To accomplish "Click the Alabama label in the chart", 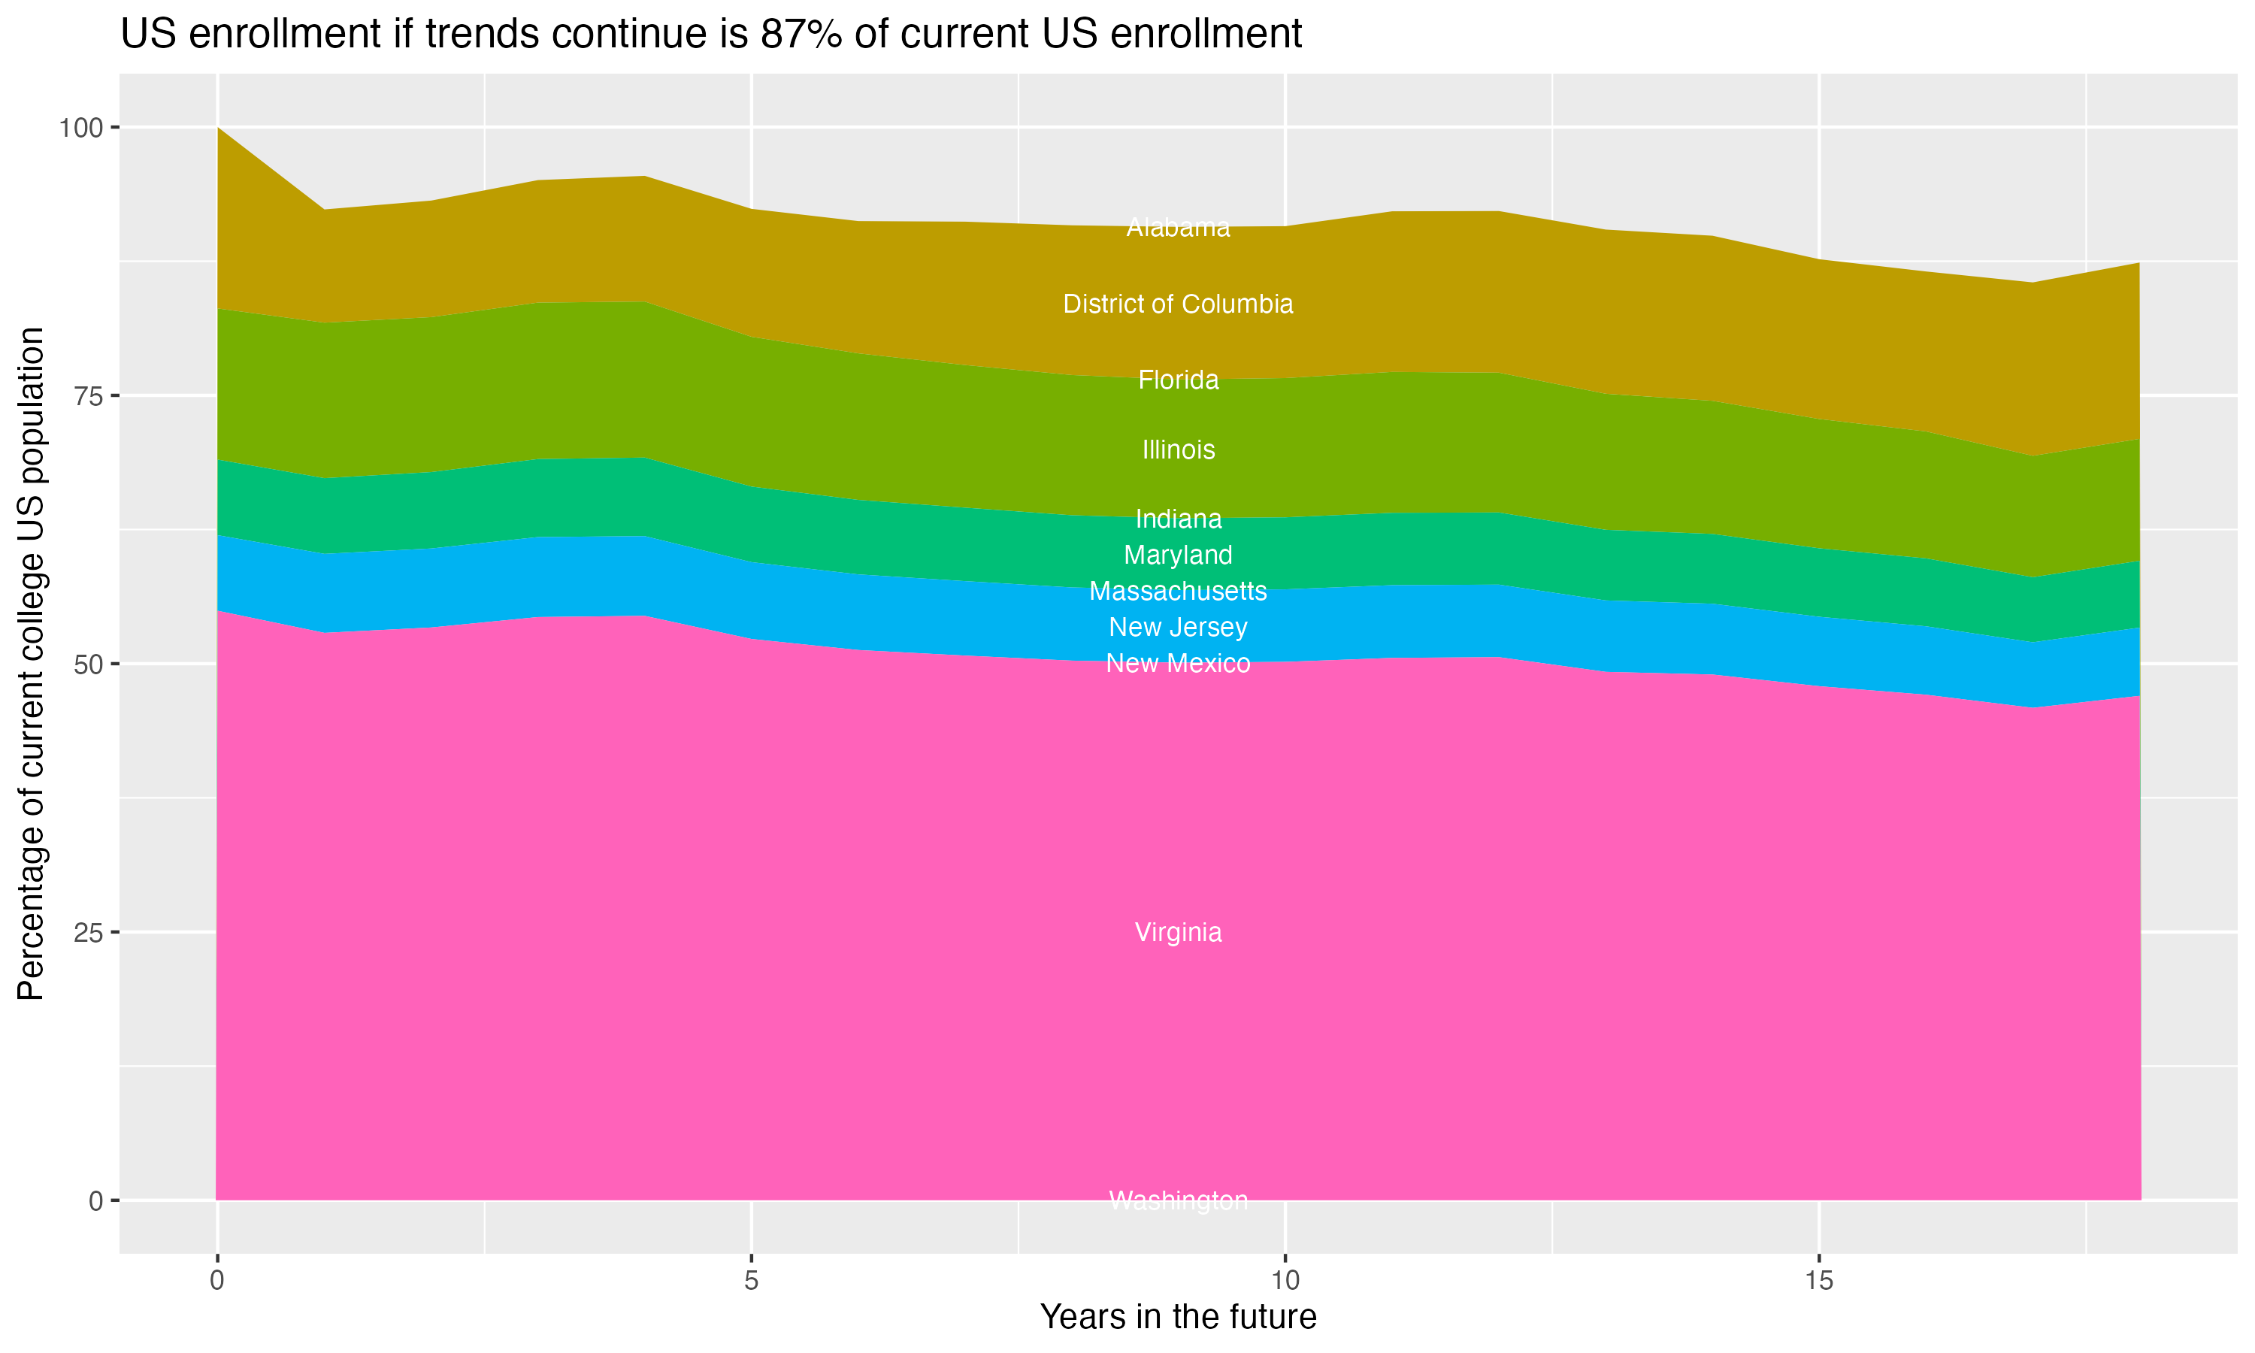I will (1178, 228).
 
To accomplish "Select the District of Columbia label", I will (1178, 304).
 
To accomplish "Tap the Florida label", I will (1178, 380).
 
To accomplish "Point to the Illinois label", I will (1178, 449).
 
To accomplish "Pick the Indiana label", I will (1178, 519).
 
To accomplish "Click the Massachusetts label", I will (1178, 591).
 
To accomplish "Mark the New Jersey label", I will (1178, 628).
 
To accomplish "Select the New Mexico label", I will (1178, 663).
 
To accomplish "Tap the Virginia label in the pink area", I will (1178, 932).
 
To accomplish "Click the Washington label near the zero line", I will (1178, 1200).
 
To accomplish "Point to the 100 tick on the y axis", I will (80, 128).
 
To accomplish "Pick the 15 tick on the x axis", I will (1818, 1281).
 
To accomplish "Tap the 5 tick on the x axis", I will (751, 1281).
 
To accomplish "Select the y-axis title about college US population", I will (31, 663).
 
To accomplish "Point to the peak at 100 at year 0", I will (218, 129).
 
